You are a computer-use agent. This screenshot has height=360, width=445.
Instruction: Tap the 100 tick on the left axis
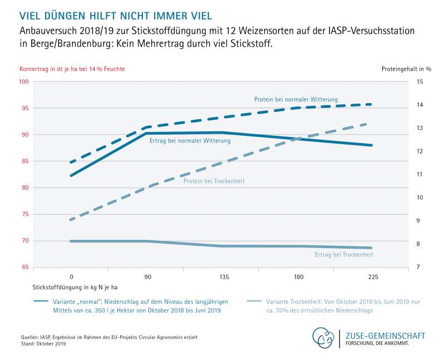click(24, 82)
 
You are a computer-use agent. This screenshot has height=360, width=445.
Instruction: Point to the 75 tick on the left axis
click(25, 214)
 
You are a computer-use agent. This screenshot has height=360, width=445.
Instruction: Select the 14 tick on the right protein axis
click(419, 105)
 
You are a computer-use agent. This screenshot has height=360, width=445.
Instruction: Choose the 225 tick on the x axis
click(372, 276)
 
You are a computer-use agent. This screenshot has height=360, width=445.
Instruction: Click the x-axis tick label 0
click(71, 276)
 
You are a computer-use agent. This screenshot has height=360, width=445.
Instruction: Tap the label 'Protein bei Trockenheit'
click(214, 181)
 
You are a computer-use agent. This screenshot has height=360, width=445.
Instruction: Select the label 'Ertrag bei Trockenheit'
click(340, 255)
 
